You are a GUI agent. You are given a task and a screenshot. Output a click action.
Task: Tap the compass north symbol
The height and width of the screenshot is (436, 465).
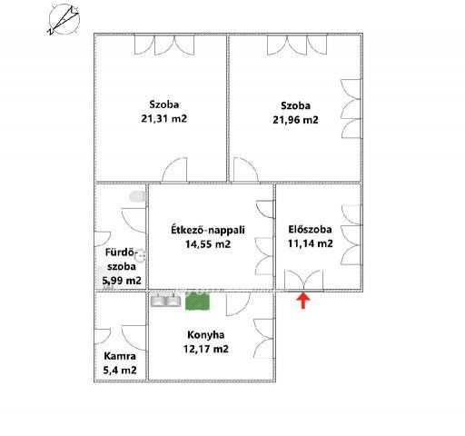(x=63, y=18)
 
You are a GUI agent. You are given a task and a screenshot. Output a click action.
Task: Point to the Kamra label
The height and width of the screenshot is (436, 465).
(x=119, y=355)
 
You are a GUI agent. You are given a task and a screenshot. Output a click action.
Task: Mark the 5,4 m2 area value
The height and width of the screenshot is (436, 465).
(x=119, y=370)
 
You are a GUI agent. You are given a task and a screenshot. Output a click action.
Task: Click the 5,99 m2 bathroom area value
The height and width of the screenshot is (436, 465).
(x=121, y=281)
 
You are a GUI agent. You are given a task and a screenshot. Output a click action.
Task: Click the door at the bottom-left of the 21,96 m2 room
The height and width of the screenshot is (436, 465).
(x=243, y=170)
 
